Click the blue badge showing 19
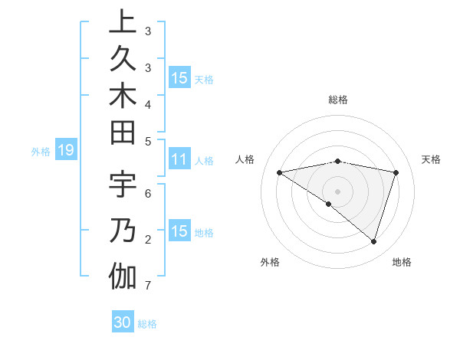click(66, 151)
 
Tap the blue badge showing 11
click(179, 160)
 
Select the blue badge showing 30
click(123, 322)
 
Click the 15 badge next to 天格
click(179, 78)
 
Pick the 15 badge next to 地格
click(179, 232)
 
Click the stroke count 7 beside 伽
click(147, 286)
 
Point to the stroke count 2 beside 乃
click(147, 240)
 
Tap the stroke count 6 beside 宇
click(147, 193)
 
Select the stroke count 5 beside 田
click(147, 141)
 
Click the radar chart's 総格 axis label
click(338, 100)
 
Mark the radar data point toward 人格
click(280, 172)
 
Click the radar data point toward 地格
click(374, 241)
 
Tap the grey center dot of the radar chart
click(338, 191)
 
